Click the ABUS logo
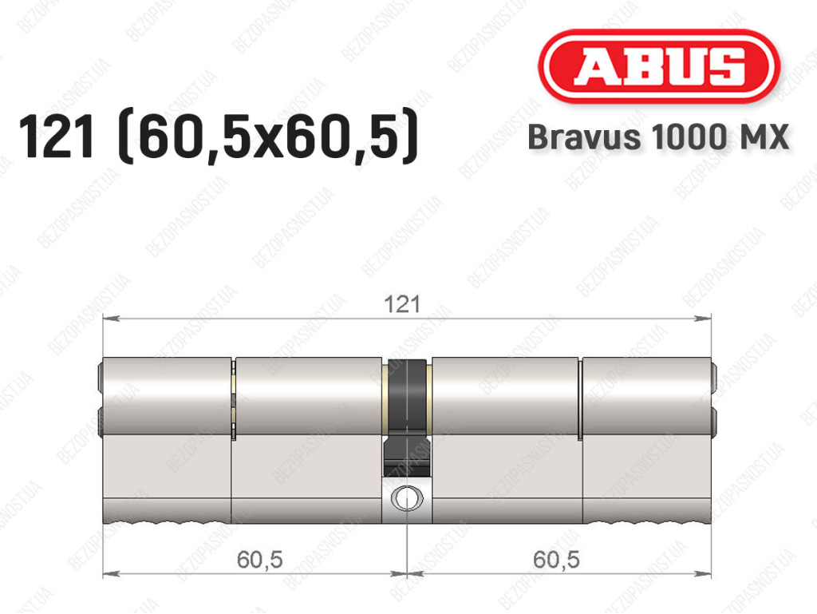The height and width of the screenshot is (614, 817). (x=658, y=66)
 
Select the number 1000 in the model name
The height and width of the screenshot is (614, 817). (x=689, y=137)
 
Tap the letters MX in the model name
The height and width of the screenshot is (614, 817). (x=763, y=137)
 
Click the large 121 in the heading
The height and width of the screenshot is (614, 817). (x=57, y=136)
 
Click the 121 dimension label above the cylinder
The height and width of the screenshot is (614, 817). (x=402, y=304)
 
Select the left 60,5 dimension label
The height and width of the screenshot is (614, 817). (x=259, y=559)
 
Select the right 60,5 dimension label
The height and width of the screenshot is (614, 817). (x=556, y=559)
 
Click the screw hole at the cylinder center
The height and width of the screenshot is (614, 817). (x=406, y=497)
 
